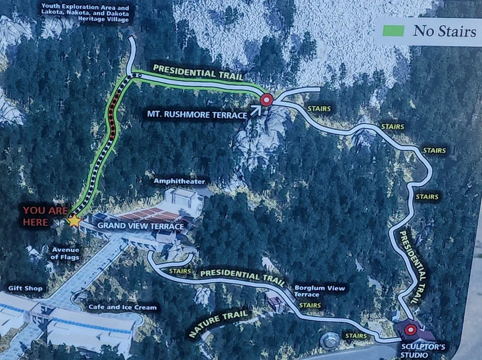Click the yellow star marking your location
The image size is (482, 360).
coord(74,221)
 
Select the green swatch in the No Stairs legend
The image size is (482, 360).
coord(393,30)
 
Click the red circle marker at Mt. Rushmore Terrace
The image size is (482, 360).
coord(267,100)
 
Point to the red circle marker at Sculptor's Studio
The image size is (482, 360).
coord(410,330)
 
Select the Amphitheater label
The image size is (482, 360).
coord(179,182)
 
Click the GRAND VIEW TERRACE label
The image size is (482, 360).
coord(141,226)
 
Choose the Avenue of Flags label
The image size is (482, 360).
coord(66,253)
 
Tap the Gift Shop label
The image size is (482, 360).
coord(26,288)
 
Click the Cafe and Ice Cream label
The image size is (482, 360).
coord(122,307)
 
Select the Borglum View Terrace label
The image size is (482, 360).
coord(320,291)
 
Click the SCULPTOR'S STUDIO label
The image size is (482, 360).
coord(417,350)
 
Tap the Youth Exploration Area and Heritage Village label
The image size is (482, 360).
coord(85,13)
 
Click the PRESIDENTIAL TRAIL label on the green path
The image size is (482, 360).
coord(198,73)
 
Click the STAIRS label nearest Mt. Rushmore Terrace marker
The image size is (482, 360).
coord(319,109)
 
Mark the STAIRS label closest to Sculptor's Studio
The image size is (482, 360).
coord(355,335)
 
